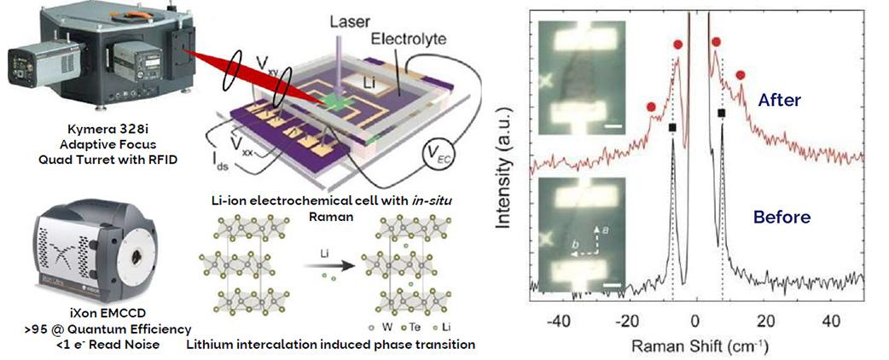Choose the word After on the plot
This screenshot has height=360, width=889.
pos(779,100)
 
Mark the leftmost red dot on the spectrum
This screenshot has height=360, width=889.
pos(651,107)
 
